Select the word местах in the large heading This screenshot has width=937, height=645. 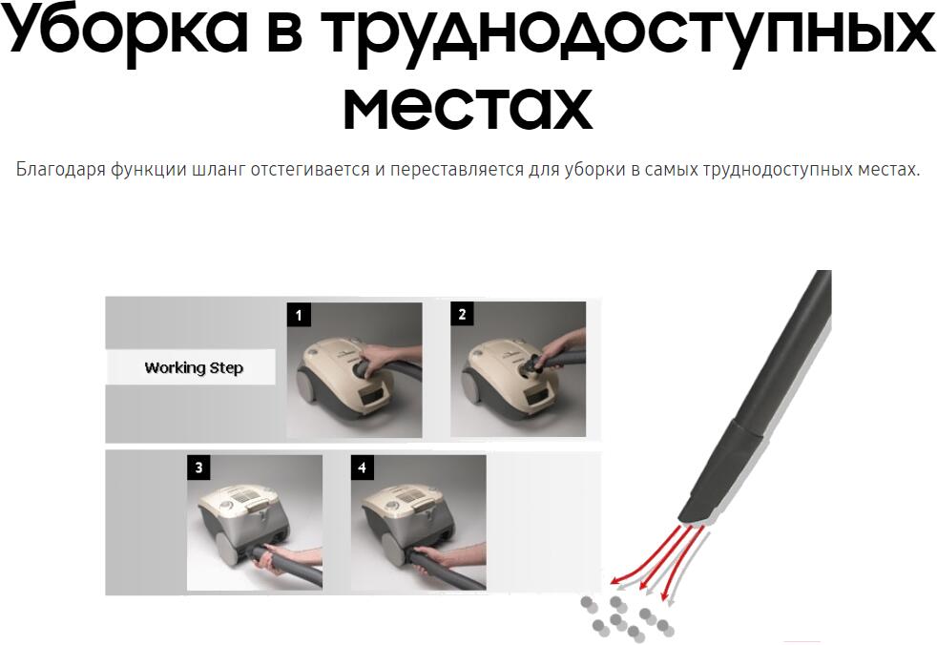468,108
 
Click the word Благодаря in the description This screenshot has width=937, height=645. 60,170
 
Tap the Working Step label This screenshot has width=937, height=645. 194,367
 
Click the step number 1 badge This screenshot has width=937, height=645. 299,315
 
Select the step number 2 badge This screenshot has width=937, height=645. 462,314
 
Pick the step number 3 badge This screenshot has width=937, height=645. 199,468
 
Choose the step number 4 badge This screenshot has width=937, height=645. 363,468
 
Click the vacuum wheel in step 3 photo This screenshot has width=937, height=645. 226,549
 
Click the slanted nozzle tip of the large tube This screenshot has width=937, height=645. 695,511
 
